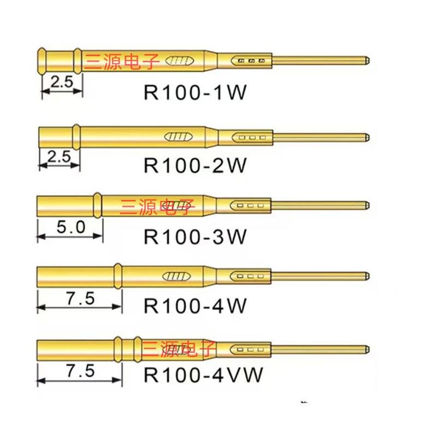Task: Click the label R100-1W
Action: tap(195, 92)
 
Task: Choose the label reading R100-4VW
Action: tap(203, 375)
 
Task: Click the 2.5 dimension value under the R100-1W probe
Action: tap(62, 82)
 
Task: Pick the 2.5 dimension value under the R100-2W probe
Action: tap(59, 157)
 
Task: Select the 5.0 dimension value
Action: tap(70, 227)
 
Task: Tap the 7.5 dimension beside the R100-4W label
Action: tap(80, 299)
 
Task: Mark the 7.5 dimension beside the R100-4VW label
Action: tap(80, 371)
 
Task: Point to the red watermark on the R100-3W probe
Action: tap(157, 206)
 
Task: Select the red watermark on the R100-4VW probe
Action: tap(180, 348)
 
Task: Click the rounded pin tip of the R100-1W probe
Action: tap(368, 59)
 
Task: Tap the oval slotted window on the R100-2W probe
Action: tap(179, 137)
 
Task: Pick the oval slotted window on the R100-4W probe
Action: tap(179, 276)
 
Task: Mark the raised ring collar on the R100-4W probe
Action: tap(117, 276)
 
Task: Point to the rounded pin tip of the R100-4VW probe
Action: tap(368, 348)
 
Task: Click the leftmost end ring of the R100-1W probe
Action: tap(42, 60)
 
